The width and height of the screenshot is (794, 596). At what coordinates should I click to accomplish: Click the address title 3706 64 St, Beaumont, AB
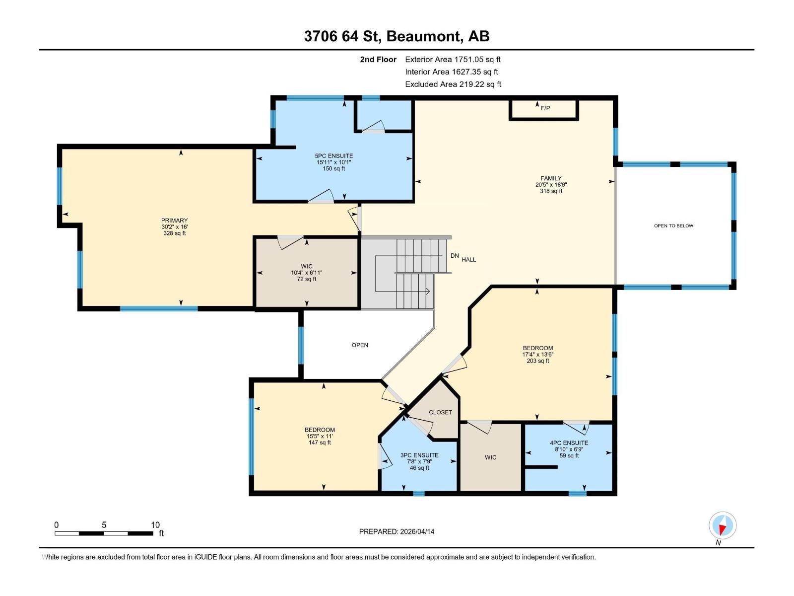click(397, 36)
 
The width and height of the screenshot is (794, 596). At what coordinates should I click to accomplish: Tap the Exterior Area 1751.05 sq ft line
click(453, 59)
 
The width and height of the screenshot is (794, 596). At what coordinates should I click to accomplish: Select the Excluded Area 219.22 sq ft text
click(453, 84)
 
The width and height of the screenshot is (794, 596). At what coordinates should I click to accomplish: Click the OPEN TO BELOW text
click(673, 226)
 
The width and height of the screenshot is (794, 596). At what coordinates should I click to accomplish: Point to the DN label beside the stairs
click(455, 256)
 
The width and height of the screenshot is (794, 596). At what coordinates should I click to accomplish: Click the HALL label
click(469, 260)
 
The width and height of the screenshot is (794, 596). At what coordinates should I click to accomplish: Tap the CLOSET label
click(440, 412)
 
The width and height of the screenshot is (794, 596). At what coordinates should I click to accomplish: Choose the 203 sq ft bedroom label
click(537, 355)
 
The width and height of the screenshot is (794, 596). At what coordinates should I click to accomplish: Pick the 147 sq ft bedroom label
click(320, 436)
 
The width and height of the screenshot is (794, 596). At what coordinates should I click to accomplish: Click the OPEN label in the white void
click(360, 345)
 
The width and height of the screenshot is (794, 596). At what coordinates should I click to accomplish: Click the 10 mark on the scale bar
click(155, 525)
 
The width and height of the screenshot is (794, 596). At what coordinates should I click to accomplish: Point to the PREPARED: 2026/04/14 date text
click(397, 531)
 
